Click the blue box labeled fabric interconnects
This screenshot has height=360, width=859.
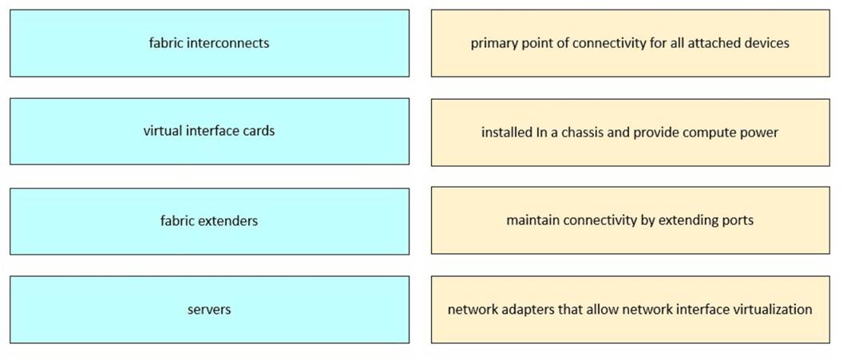click(x=209, y=43)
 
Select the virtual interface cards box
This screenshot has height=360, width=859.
click(x=209, y=131)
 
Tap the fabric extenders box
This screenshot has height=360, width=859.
click(x=209, y=220)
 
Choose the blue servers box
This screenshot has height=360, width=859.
click(x=209, y=309)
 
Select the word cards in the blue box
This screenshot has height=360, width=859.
click(x=257, y=131)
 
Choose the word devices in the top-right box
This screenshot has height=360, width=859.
click(x=767, y=43)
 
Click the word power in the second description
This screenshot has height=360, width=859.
click(x=759, y=132)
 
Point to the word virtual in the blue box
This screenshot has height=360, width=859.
click(x=164, y=131)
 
